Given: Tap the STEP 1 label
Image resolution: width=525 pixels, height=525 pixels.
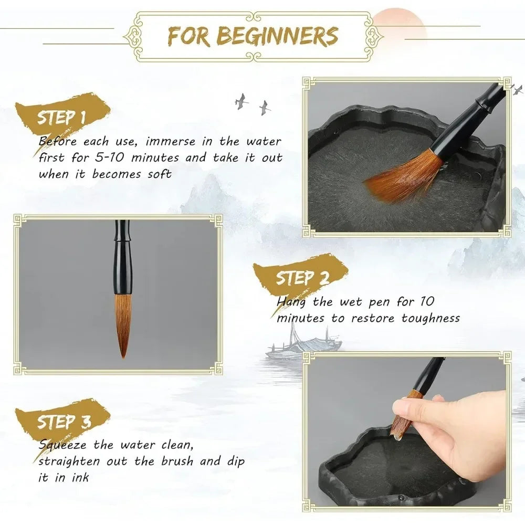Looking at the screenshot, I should coord(61,117).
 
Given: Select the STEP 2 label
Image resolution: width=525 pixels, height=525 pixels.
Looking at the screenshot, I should coord(302,278).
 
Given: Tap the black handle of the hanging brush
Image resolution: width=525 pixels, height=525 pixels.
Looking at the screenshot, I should coord(123,257).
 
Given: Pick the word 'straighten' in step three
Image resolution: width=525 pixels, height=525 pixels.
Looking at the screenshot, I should coord(70,461).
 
